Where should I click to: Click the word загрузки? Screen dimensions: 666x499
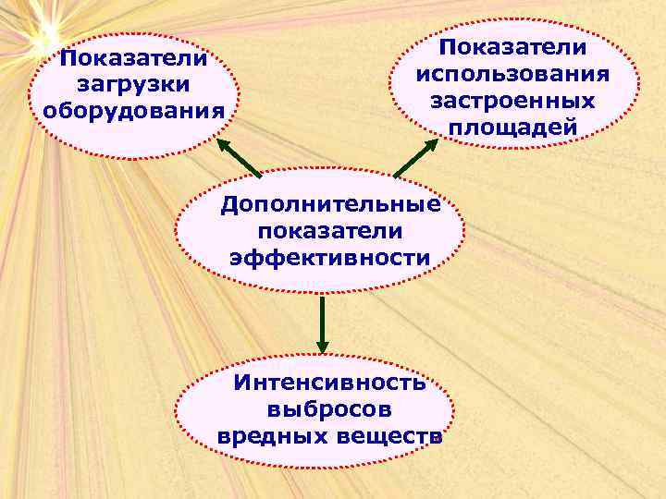pos(134,85)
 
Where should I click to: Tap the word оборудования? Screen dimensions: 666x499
pos(134,111)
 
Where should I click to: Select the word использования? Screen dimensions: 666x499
pos(512,72)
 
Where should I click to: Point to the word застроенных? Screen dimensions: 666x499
pos(512,99)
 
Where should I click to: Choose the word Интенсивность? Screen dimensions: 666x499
pos(330,382)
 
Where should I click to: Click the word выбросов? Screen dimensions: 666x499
pos(329,408)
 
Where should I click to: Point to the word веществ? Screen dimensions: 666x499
pos(388,434)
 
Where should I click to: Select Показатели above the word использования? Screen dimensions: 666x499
pos(512,46)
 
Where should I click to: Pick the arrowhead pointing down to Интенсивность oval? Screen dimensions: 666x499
pos(321,345)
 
